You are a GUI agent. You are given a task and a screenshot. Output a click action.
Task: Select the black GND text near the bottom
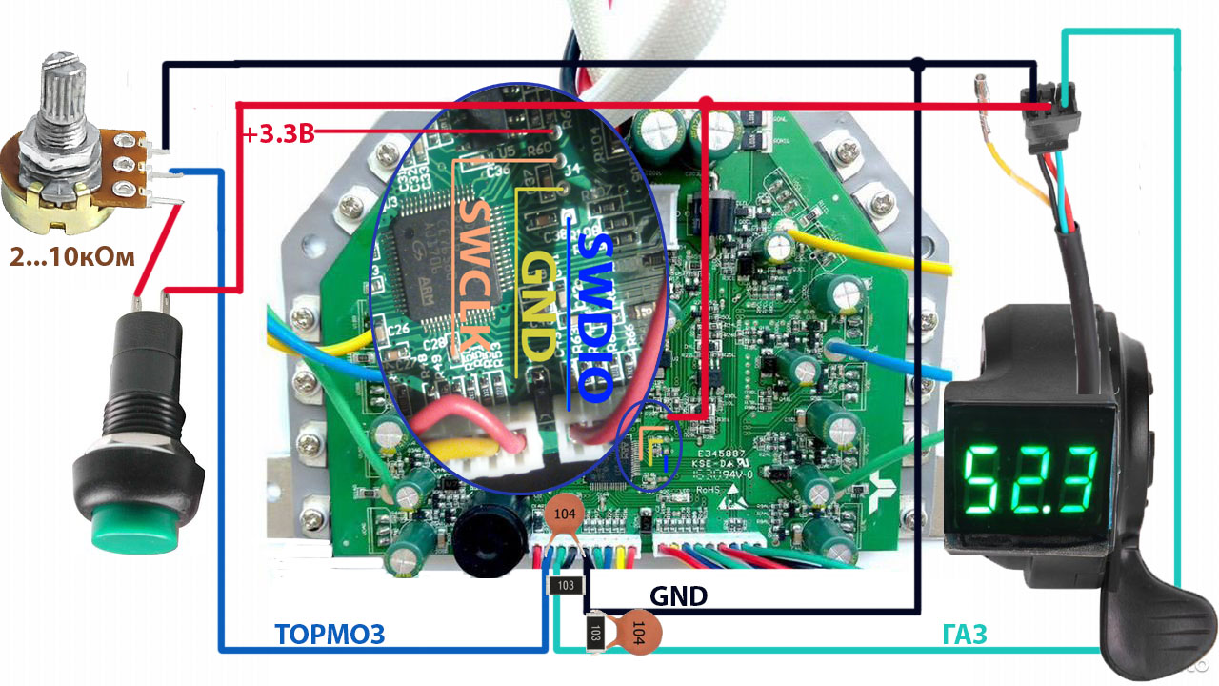pos(678,597)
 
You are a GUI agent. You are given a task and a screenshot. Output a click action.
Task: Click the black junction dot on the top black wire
pos(917,65)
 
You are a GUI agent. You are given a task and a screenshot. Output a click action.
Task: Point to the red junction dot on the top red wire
pos(706,102)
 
